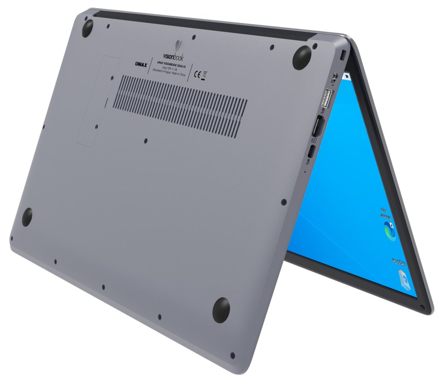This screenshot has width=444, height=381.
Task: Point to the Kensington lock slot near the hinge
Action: click(x=343, y=55)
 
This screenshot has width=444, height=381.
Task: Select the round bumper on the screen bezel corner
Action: click(x=423, y=307)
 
